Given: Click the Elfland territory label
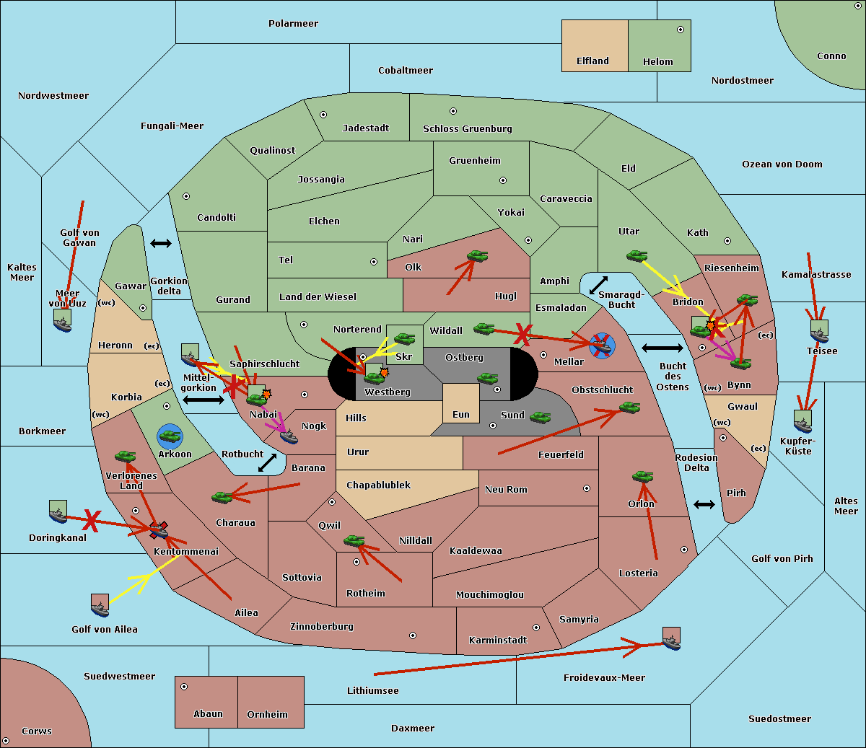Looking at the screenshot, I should (592, 61).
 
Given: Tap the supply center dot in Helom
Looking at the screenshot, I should (680, 30).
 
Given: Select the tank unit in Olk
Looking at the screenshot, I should (477, 255).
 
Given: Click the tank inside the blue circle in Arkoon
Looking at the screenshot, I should (170, 436).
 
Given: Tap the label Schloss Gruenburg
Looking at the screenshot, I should (467, 129).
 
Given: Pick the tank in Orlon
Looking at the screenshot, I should (642, 477).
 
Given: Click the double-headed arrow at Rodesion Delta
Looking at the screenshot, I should (704, 504).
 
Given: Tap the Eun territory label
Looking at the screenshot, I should (461, 415).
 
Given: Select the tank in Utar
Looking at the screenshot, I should (637, 255).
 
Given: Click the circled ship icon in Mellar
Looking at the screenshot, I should (602, 346).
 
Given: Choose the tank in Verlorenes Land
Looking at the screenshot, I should (125, 456).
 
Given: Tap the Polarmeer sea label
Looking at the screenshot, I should (293, 24).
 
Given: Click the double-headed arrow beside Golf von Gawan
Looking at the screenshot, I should (160, 243).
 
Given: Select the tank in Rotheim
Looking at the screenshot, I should (354, 540).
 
